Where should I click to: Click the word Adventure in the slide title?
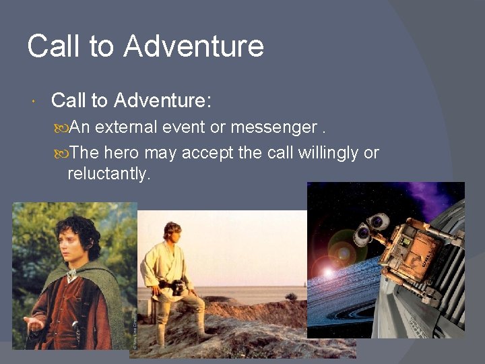(x=194, y=47)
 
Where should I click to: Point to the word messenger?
(x=273, y=127)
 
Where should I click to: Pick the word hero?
(x=122, y=153)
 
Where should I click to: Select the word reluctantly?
(x=108, y=173)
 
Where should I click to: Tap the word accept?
(x=208, y=153)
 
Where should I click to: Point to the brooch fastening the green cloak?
(x=71, y=274)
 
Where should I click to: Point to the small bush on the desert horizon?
(x=291, y=297)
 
